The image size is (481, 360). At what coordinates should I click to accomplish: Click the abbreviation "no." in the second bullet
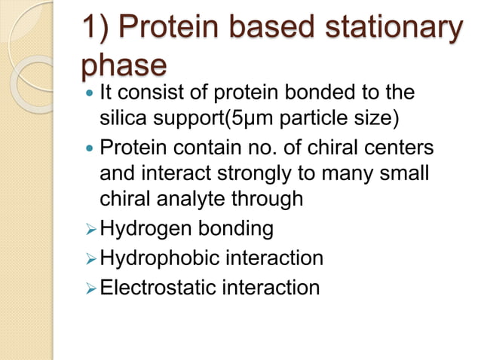(269, 146)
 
